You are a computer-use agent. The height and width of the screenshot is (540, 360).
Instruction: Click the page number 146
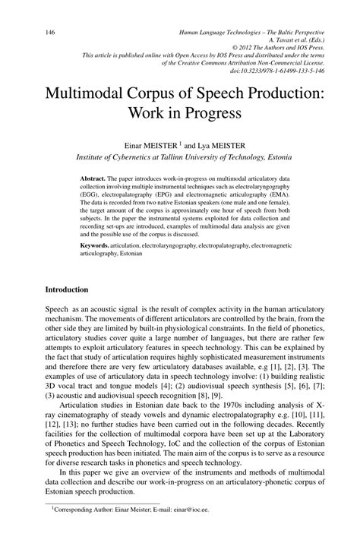pyautogui.click(x=52, y=33)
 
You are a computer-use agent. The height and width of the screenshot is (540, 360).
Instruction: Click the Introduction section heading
pyautogui.click(x=67, y=290)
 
